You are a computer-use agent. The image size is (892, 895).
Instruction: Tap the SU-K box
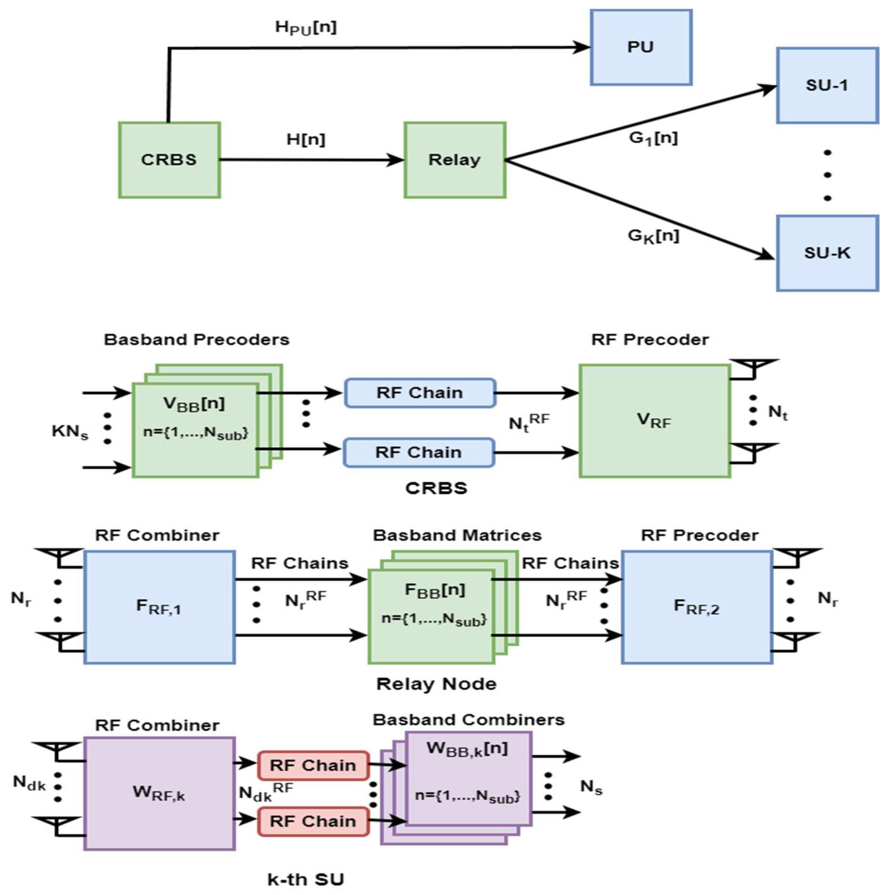pyautogui.click(x=827, y=253)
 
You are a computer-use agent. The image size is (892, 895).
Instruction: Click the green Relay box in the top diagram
pyautogui.click(x=454, y=160)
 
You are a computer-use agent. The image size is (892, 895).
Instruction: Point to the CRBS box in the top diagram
pyautogui.click(x=169, y=160)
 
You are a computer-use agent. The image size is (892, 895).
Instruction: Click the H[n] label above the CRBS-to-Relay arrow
pyautogui.click(x=306, y=139)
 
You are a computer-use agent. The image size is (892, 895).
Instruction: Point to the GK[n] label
pyautogui.click(x=653, y=236)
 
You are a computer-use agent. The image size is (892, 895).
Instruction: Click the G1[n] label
pyautogui.click(x=653, y=138)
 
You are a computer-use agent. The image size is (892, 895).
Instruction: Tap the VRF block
pyautogui.click(x=654, y=421)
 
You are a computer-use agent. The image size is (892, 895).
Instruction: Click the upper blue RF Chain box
pyautogui.click(x=420, y=393)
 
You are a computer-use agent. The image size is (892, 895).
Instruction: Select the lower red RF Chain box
pyautogui.click(x=313, y=821)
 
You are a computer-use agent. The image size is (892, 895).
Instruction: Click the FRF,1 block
pyautogui.click(x=159, y=607)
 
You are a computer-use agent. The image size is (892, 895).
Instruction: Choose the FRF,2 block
pyautogui.click(x=696, y=607)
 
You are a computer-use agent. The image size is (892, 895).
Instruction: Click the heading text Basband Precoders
pyautogui.click(x=196, y=340)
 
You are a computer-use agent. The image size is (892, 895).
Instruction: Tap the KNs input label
pyautogui.click(x=70, y=432)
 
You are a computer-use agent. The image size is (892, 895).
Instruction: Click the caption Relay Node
pyautogui.click(x=436, y=684)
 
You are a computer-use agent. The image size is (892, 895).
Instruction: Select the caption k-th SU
pyautogui.click(x=306, y=879)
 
